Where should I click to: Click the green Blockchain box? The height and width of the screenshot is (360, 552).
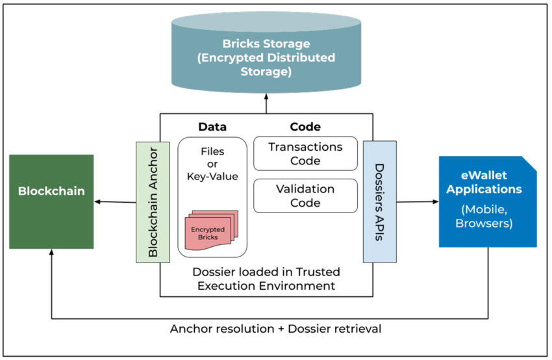pyautogui.click(x=51, y=201)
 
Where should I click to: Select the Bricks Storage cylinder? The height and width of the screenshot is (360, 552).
pyautogui.click(x=266, y=52)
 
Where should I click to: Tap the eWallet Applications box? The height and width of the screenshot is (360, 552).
pyautogui.click(x=488, y=201)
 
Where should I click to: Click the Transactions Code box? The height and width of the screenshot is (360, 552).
pyautogui.click(x=306, y=153)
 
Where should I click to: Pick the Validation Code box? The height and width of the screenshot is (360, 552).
pyautogui.click(x=306, y=196)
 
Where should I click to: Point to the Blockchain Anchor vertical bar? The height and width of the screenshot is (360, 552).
pyautogui.click(x=153, y=202)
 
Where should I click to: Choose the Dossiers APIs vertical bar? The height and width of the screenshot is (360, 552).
pyautogui.click(x=380, y=202)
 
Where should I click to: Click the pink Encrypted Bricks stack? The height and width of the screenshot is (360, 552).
pyautogui.click(x=212, y=231)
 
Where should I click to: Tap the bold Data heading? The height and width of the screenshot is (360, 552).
pyautogui.click(x=212, y=127)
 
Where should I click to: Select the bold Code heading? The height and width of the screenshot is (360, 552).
pyautogui.click(x=305, y=127)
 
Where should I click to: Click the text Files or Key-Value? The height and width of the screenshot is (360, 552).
pyautogui.click(x=212, y=164)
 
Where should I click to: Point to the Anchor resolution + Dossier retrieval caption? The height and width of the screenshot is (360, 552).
pyautogui.click(x=275, y=329)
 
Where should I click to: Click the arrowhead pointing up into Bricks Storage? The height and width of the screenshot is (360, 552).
pyautogui.click(x=266, y=96)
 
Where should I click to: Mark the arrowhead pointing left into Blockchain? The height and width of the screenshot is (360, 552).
pyautogui.click(x=97, y=201)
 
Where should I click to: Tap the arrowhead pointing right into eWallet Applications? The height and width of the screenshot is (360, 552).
pyautogui.click(x=436, y=202)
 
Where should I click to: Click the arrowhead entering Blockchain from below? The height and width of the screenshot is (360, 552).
pyautogui.click(x=51, y=252)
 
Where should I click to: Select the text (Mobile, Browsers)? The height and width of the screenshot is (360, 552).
pyautogui.click(x=484, y=216)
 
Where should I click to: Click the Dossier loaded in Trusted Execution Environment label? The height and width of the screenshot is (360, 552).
pyautogui.click(x=266, y=279)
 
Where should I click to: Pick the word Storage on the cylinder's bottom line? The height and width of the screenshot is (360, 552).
pyautogui.click(x=266, y=71)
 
